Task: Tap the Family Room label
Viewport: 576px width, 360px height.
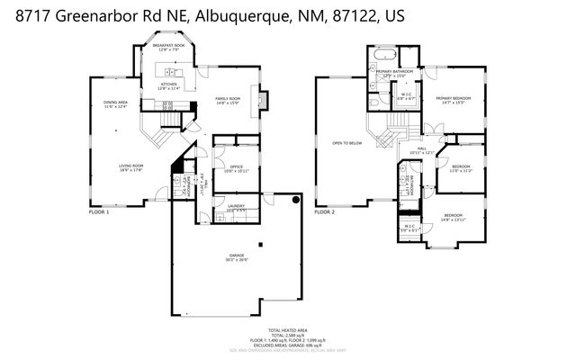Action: click(x=227, y=100)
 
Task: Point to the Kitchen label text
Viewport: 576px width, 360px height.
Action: click(x=168, y=85)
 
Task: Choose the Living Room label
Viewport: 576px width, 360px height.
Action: click(x=131, y=167)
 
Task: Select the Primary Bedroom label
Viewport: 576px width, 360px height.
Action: click(x=454, y=100)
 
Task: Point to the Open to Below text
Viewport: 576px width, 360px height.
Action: click(x=346, y=142)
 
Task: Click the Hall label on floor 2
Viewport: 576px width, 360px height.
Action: click(x=421, y=150)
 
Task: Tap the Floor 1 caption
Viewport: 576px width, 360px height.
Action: click(x=98, y=212)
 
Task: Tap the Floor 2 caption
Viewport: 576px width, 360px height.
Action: click(x=324, y=212)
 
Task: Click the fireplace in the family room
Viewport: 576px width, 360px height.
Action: click(x=262, y=99)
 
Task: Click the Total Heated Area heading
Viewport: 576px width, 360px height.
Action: click(x=287, y=331)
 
